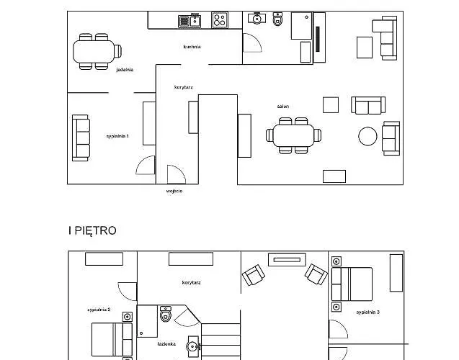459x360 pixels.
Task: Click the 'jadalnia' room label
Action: pyautogui.click(x=125, y=70)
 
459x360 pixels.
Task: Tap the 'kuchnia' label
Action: pyautogui.click(x=192, y=47)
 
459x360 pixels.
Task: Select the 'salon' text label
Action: pyautogui.click(x=283, y=106)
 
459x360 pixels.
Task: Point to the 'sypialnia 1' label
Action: pyautogui.click(x=117, y=135)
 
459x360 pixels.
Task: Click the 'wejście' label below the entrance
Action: pyautogui.click(x=174, y=192)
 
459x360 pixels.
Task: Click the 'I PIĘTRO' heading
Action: pyautogui.click(x=92, y=231)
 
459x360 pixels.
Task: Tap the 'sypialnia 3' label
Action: pyautogui.click(x=367, y=312)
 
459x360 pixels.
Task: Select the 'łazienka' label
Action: pyautogui.click(x=167, y=343)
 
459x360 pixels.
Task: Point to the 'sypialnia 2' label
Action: pyautogui.click(x=98, y=309)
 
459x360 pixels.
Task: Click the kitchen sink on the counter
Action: pyautogui.click(x=189, y=21)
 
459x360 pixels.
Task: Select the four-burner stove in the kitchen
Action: pyautogui.click(x=220, y=21)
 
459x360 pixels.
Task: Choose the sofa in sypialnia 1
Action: pyautogui.click(x=81, y=138)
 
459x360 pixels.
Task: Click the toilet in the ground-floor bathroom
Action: pyautogui.click(x=278, y=19)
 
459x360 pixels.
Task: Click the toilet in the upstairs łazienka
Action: pyautogui.click(x=166, y=315)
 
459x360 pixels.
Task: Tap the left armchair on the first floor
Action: pyautogui.click(x=252, y=275)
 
